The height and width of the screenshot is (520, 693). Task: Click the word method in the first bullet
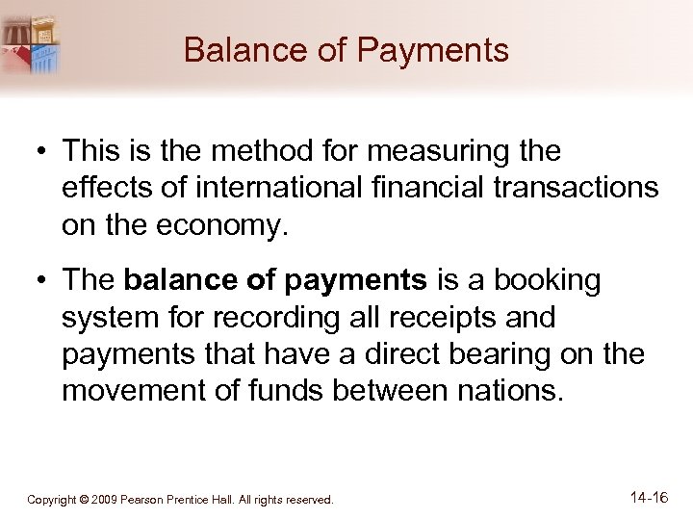(240, 152)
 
